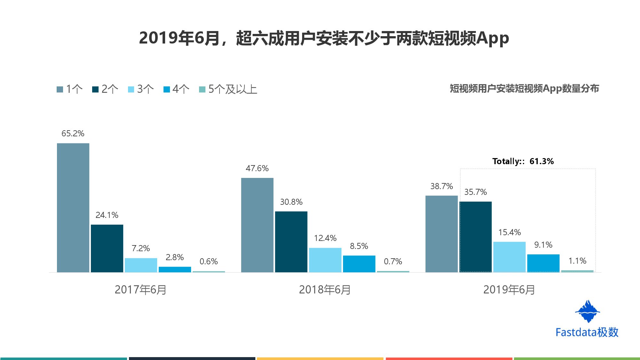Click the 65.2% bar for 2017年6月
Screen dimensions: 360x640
click(73, 208)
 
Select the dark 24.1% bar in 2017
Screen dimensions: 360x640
click(107, 248)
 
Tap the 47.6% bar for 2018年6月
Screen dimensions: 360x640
click(257, 225)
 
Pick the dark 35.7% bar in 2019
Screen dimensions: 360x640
click(476, 237)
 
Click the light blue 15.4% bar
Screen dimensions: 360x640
click(509, 257)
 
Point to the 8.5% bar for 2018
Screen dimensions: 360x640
click(359, 264)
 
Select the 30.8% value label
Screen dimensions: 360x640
click(291, 202)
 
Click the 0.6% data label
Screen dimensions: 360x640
click(209, 261)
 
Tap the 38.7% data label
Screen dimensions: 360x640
click(442, 186)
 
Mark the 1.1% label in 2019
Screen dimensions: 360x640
click(577, 261)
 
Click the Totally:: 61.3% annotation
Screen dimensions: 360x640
click(523, 161)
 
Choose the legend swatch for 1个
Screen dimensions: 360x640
click(60, 89)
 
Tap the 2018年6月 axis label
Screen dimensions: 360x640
click(325, 290)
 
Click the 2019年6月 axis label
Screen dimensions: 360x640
click(509, 290)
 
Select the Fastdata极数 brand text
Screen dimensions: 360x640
click(587, 332)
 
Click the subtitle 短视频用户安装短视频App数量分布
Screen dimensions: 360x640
click(524, 89)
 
